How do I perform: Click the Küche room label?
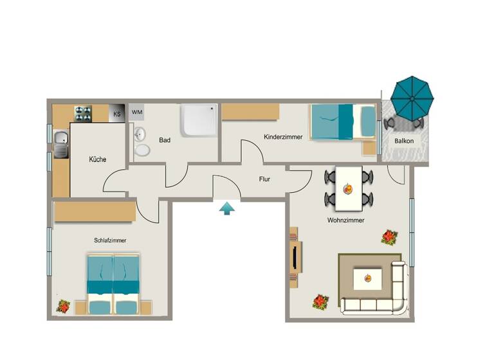98,159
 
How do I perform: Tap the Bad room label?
165,139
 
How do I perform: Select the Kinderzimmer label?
283,137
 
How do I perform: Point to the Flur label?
264,180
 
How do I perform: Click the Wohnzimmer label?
346,220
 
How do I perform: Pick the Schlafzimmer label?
109,240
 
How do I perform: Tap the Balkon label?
405,141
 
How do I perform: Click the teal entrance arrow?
226,208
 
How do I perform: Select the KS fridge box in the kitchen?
116,114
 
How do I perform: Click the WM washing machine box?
137,112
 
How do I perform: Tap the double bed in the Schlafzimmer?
113,283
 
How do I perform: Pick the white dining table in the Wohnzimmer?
349,188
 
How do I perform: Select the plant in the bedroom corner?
63,306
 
